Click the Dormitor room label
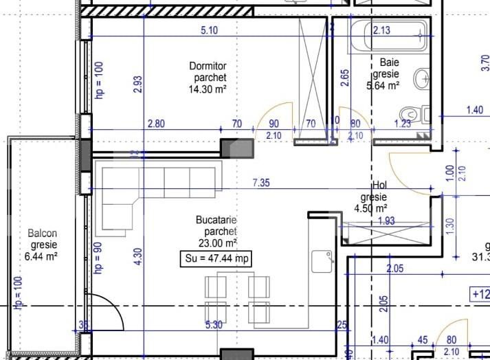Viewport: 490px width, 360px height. click(x=208, y=66)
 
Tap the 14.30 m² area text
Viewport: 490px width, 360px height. click(x=208, y=89)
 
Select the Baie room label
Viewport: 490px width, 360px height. click(x=386, y=62)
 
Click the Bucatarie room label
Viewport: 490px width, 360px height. click(x=216, y=221)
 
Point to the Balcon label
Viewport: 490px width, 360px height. click(x=43, y=234)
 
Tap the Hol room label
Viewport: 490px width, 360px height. click(x=379, y=185)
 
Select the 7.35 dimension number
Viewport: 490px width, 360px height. click(x=262, y=182)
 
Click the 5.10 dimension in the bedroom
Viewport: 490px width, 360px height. click(x=209, y=30)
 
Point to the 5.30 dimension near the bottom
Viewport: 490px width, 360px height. click(x=213, y=325)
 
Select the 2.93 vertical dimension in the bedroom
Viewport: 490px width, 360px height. click(x=138, y=84)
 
